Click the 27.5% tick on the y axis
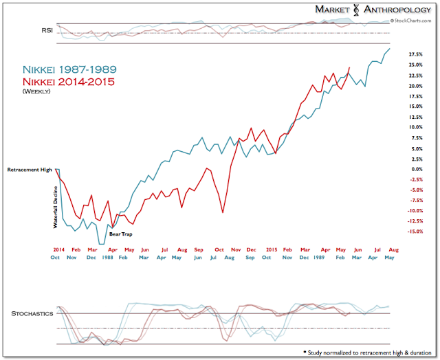pyautogui.click(x=415, y=54)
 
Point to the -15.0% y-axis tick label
pyautogui.click(x=415, y=232)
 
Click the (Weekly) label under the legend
pyautogui.click(x=37, y=91)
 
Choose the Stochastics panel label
pyautogui.click(x=32, y=313)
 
